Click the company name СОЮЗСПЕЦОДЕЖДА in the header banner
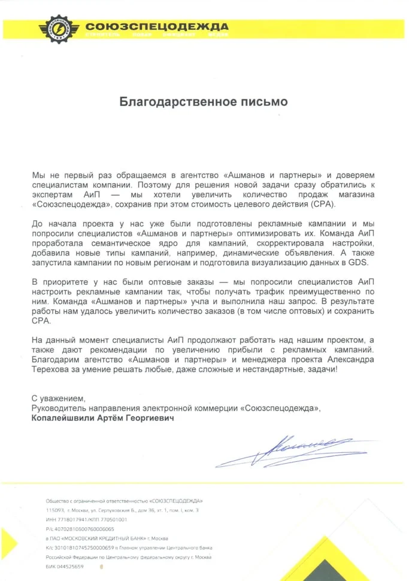pyautogui.click(x=157, y=26)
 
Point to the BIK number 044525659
pyautogui.click(x=69, y=565)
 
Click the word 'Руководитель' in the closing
pyautogui.click(x=57, y=408)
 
